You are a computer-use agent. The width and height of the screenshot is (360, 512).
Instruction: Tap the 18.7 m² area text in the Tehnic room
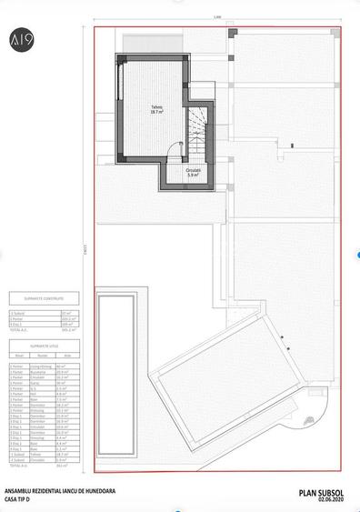[x=157, y=112]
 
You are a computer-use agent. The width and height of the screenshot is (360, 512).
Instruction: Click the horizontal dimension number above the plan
[x=216, y=19]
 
